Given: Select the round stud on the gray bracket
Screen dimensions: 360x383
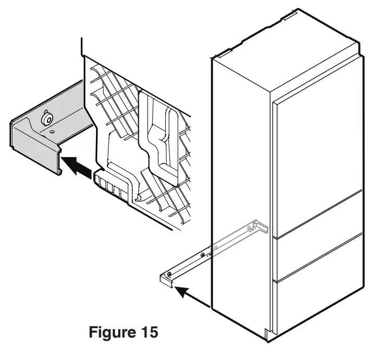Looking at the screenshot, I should [48, 119].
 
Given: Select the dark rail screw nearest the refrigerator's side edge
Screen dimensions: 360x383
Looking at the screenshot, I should [203, 255].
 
